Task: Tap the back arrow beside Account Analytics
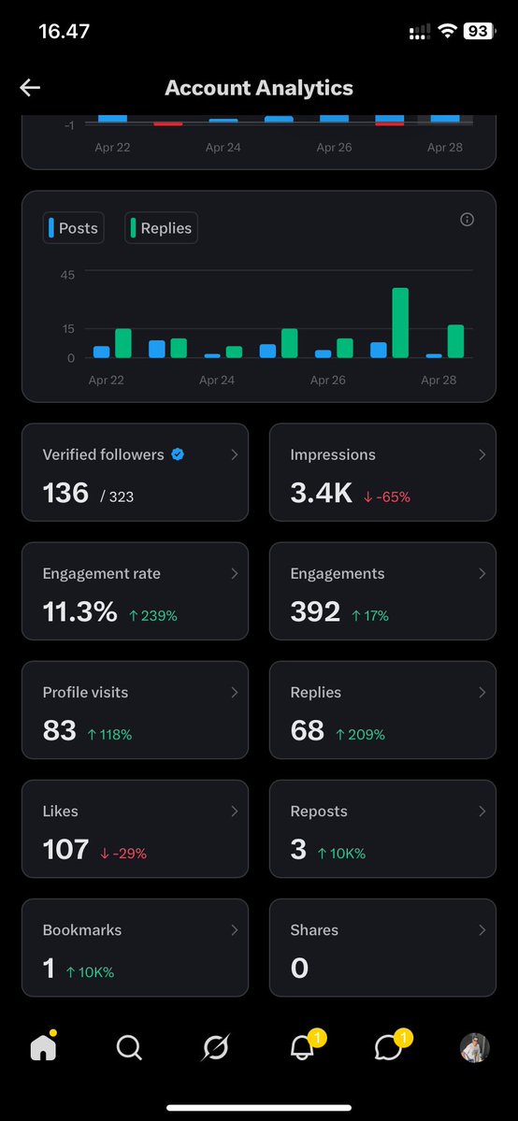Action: click(x=30, y=88)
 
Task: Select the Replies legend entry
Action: click(x=161, y=228)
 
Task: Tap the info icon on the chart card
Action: click(x=468, y=220)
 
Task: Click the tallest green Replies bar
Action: click(x=400, y=323)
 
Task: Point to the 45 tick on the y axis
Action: click(x=67, y=274)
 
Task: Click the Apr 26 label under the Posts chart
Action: click(x=327, y=381)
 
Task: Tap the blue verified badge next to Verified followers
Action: click(x=178, y=454)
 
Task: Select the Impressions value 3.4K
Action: click(x=321, y=493)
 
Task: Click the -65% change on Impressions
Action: click(x=386, y=496)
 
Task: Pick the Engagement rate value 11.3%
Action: click(x=80, y=611)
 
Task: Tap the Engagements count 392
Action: click(x=315, y=611)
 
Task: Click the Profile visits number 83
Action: click(x=60, y=730)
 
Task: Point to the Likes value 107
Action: click(x=65, y=849)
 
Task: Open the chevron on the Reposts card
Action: click(x=482, y=812)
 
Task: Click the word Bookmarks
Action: click(x=82, y=930)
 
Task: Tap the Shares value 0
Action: click(x=299, y=968)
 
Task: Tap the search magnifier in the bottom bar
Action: click(x=129, y=1049)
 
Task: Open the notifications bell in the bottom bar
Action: click(x=302, y=1049)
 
